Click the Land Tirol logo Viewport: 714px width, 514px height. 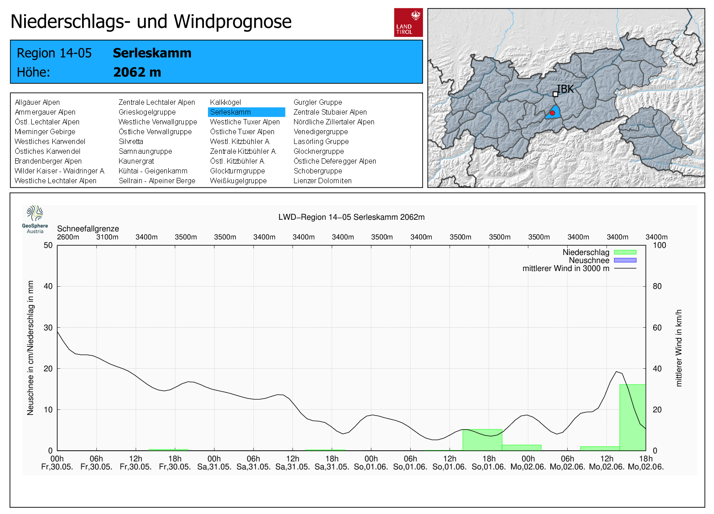408,23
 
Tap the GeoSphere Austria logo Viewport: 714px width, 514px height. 35,219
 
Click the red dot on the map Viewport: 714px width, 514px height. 552,113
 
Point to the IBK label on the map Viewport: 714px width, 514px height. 565,89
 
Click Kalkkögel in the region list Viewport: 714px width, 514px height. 225,102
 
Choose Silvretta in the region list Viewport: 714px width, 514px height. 131,141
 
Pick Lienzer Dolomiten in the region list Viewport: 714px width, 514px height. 322,181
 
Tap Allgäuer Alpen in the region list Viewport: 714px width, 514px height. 37,102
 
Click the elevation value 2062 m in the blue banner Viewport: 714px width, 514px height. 137,72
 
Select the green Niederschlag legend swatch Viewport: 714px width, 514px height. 625,252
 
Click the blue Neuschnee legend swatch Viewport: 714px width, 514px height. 625,260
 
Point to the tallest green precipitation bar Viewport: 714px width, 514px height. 633,418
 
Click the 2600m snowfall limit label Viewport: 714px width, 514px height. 68,237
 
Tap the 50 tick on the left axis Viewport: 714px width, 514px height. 48,245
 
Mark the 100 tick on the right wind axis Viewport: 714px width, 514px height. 660,245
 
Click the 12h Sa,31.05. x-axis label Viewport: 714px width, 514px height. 293,463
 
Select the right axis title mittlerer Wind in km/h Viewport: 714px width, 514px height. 679,348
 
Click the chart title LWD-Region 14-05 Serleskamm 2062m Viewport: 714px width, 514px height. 352,217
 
